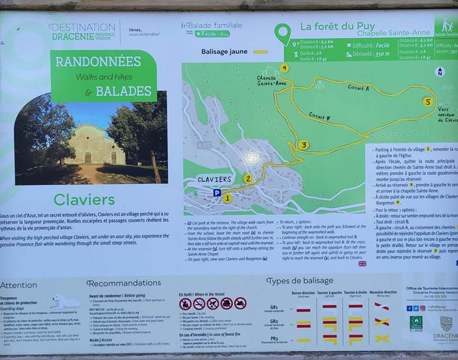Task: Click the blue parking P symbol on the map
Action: (217, 193)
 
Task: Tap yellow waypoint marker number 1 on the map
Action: (228, 198)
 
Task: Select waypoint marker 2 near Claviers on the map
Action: (247, 178)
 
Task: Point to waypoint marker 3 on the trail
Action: (303, 145)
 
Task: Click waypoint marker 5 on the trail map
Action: (427, 101)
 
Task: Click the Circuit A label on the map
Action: (358, 87)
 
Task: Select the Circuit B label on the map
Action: (319, 117)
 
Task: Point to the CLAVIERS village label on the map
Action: (214, 179)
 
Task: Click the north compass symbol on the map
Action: (440, 71)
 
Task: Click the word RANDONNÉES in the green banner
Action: (98, 62)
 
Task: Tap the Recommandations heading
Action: (124, 283)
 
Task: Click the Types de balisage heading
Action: (300, 281)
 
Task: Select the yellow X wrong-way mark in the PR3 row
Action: (381, 338)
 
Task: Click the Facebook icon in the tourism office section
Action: (409, 308)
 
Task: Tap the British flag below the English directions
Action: (362, 264)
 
